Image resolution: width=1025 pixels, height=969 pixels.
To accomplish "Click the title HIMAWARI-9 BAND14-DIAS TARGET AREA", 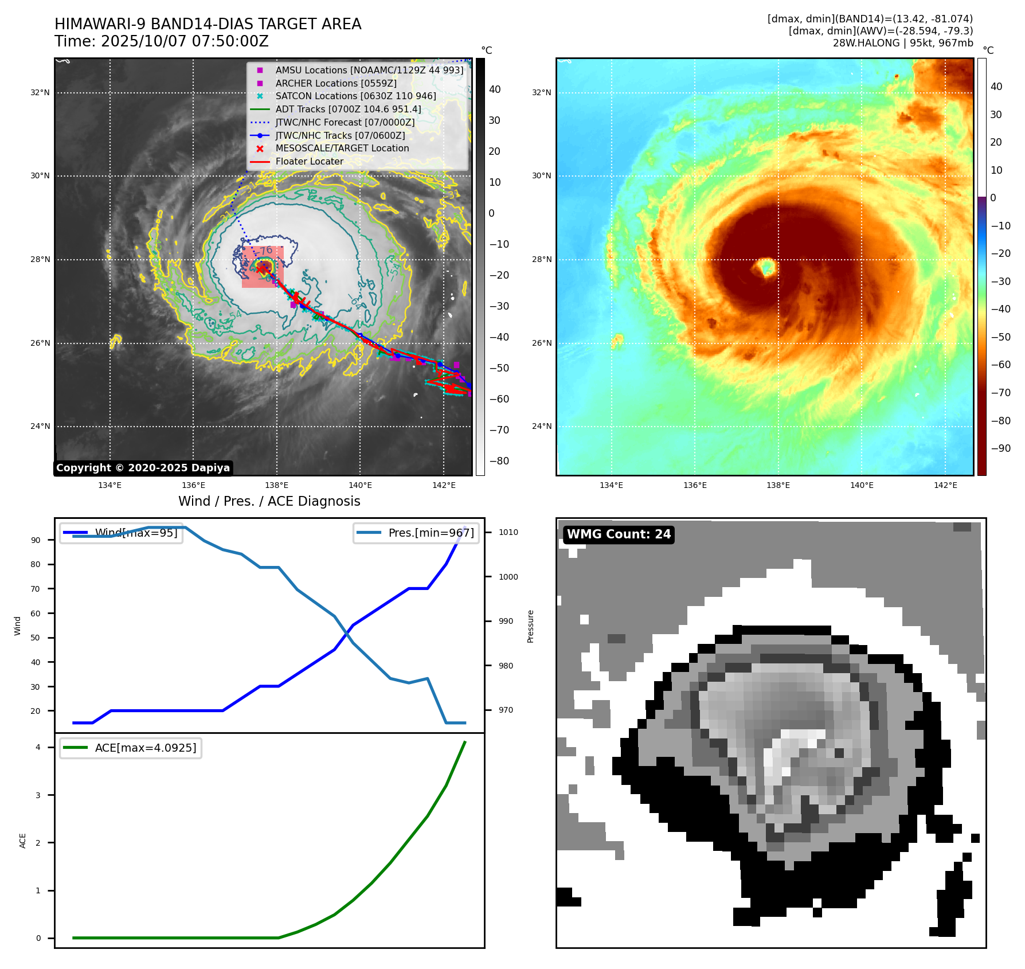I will [208, 24].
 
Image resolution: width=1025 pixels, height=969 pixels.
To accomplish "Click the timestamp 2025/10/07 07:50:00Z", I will [185, 41].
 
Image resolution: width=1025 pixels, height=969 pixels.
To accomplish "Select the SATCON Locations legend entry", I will [355, 96].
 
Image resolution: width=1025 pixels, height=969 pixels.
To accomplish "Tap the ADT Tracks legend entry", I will [348, 109].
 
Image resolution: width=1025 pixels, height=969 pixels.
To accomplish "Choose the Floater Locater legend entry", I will [309, 162].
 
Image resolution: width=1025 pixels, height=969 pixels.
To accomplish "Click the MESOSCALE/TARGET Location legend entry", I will [342, 149].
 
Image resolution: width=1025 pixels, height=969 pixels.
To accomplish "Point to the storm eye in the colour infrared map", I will [766, 267].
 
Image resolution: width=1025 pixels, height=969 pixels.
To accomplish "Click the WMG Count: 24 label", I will [619, 534].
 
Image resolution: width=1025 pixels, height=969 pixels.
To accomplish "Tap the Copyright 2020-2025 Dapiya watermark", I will [143, 468].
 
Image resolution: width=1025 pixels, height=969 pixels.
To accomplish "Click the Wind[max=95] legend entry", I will [136, 533].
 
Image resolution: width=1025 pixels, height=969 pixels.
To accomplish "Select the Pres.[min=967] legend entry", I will [431, 533].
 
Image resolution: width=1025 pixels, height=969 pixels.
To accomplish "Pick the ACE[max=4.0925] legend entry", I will [145, 748].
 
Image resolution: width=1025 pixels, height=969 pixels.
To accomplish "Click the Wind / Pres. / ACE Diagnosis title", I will [269, 501].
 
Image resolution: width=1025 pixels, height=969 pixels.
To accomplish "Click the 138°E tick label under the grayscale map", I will [277, 485].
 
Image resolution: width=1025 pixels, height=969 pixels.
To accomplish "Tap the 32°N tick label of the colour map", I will [541, 92].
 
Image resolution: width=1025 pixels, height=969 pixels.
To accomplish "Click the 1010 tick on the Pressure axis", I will [508, 532].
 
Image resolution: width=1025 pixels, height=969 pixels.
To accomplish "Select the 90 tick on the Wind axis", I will [36, 540].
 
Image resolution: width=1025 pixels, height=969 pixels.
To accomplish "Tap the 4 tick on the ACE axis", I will [38, 747].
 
